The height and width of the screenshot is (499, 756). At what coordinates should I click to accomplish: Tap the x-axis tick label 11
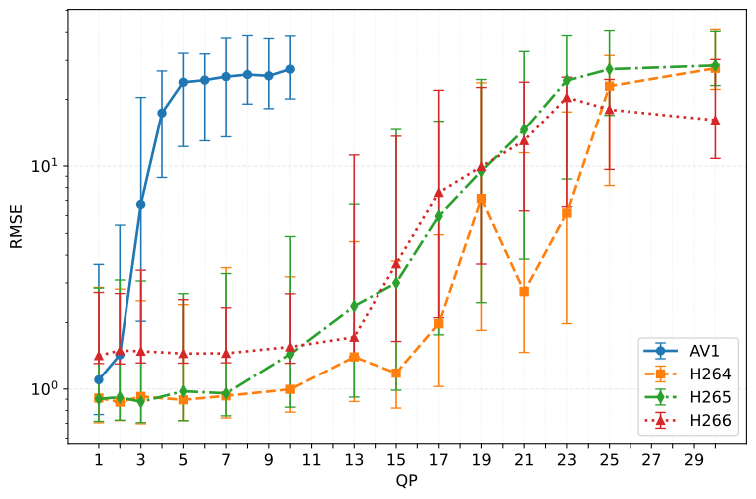[311, 460]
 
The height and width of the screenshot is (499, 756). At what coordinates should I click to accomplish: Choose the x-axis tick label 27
[650, 460]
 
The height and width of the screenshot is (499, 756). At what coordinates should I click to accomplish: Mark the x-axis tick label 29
[693, 460]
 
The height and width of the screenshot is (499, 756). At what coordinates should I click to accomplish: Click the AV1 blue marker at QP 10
[290, 69]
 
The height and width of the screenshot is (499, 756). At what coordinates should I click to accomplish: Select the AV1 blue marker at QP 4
[162, 113]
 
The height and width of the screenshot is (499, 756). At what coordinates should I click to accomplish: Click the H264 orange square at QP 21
[524, 291]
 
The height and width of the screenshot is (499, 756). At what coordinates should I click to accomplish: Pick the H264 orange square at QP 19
[481, 199]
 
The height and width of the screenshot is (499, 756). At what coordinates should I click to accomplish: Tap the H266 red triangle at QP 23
[566, 98]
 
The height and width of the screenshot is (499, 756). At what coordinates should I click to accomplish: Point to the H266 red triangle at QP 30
[715, 121]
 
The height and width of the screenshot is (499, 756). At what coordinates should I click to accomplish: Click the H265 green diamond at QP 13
[354, 306]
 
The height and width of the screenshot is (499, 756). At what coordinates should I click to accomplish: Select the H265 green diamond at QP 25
[609, 69]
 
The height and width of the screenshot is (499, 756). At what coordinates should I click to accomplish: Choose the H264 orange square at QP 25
[609, 86]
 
